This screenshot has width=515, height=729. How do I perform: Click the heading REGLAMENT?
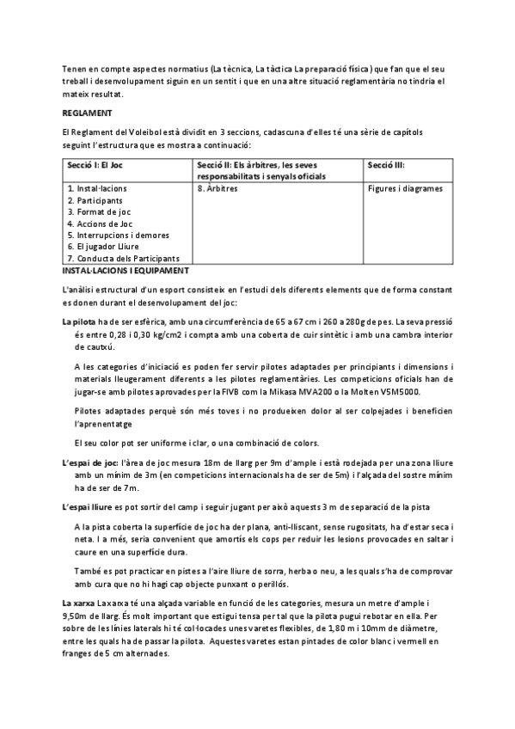click(87, 113)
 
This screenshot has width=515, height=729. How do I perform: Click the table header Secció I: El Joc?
click(96, 165)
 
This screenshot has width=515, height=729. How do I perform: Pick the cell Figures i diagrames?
click(405, 187)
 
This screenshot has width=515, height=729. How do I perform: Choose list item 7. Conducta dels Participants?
click(122, 259)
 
